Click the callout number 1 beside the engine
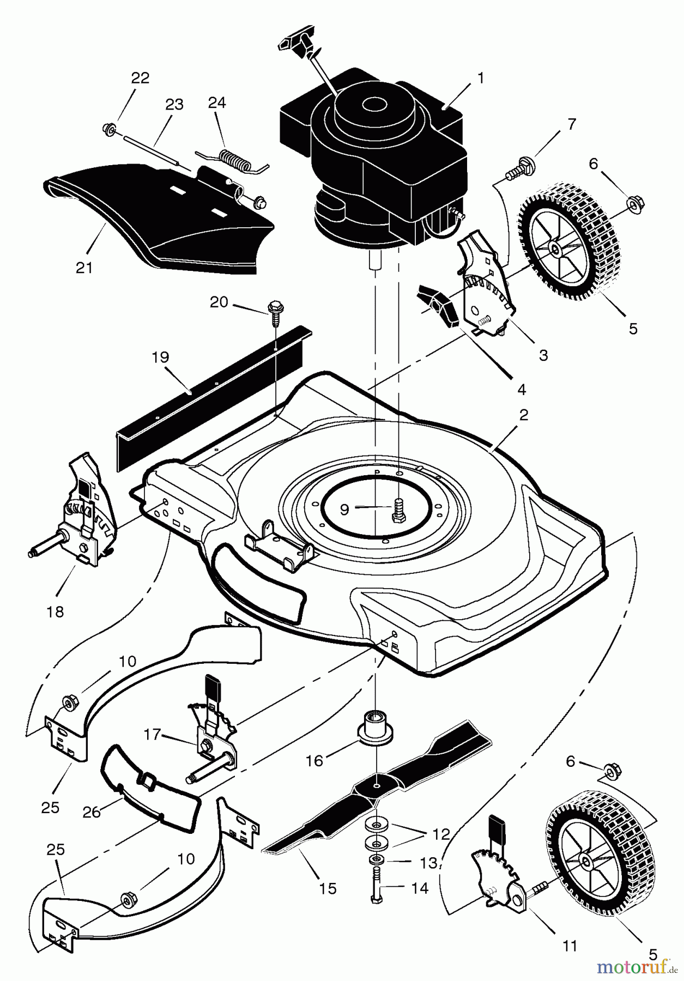(x=480, y=78)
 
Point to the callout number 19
(x=161, y=358)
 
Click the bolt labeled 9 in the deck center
(x=397, y=511)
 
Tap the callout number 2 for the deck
(x=523, y=415)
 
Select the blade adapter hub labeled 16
(x=376, y=728)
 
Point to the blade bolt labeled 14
(x=376, y=886)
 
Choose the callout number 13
(x=429, y=863)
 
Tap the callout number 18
(x=55, y=611)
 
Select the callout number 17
(x=153, y=735)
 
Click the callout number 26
(x=91, y=812)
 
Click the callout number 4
(x=522, y=389)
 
